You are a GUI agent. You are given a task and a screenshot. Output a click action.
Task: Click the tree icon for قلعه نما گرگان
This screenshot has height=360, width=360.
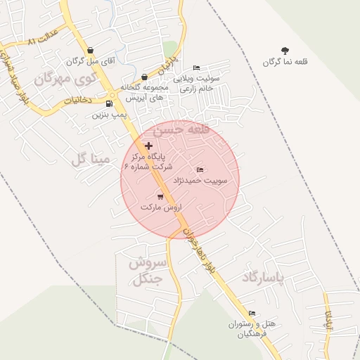285,51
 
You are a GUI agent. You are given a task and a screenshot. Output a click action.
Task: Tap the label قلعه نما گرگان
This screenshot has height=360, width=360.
285,62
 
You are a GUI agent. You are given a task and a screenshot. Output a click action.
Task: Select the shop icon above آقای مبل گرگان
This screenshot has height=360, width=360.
91,51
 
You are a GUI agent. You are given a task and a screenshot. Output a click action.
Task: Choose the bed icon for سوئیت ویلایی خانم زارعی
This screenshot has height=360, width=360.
195,67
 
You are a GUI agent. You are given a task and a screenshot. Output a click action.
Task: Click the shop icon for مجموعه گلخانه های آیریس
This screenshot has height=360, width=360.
144,77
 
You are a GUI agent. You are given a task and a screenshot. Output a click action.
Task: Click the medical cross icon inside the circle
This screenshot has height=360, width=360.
148,146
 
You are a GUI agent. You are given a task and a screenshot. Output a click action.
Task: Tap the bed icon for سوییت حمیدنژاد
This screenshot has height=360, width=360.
200,170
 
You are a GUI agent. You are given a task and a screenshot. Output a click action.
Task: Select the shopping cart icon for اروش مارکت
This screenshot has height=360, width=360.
160,197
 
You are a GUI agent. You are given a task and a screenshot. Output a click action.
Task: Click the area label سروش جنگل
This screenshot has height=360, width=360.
147,271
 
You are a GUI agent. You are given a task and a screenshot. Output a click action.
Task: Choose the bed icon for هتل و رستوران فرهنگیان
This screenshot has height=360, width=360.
252,314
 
